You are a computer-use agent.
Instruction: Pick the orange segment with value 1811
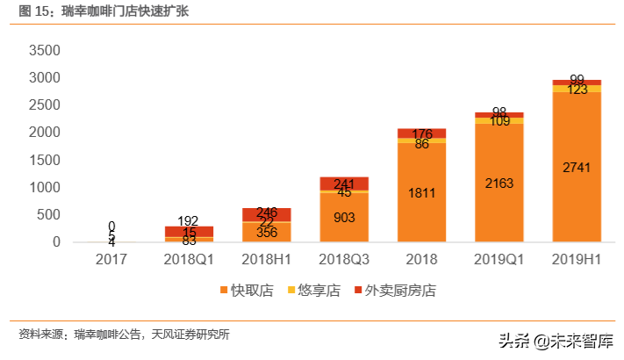421,192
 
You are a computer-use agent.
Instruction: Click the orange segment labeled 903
344,217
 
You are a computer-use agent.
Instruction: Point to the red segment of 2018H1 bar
267,214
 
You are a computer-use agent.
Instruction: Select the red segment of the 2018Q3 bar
344,184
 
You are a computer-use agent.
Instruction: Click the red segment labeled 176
421,133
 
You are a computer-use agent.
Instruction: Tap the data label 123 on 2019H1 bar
576,89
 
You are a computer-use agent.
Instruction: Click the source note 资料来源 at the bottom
124,334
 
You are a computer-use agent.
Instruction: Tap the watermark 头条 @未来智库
556,341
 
